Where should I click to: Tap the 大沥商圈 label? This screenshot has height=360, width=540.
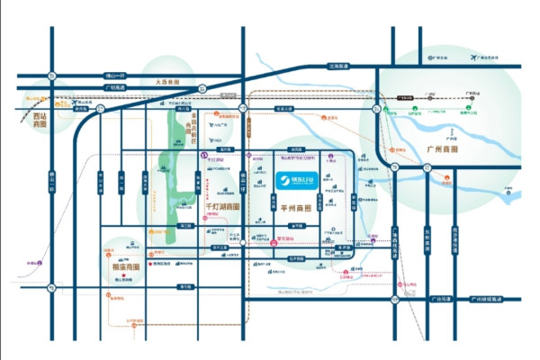[168, 83]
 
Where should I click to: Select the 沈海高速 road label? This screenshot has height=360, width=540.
[338, 66]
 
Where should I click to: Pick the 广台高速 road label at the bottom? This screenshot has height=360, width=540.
[439, 299]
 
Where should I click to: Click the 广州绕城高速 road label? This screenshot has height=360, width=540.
[487, 299]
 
